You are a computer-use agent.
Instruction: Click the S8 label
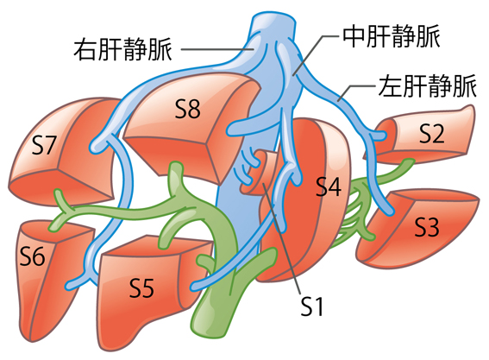pyautogui.click(x=187, y=110)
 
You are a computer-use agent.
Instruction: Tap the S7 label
pyautogui.click(x=43, y=145)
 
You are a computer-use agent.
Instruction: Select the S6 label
pyautogui.click(x=33, y=256)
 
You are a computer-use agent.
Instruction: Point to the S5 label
pyautogui.click(x=141, y=287)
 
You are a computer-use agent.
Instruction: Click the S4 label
pyautogui.click(x=329, y=186)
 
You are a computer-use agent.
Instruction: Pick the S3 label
pyautogui.click(x=427, y=227)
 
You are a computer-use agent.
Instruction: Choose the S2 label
pyautogui.click(x=431, y=134)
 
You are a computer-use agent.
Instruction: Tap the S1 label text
pyautogui.click(x=312, y=306)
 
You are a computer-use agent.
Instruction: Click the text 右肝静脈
pyautogui.click(x=122, y=49)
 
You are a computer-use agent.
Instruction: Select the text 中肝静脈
pyautogui.click(x=392, y=37)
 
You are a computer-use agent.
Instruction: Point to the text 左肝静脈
pyautogui.click(x=428, y=85)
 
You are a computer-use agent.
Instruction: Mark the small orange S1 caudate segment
pyautogui.click(x=258, y=174)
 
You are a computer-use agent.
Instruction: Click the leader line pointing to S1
pyautogui.click(x=282, y=239)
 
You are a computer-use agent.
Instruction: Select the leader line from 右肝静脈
pyautogui.click(x=217, y=49)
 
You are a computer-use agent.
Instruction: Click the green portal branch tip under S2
pyautogui.click(x=409, y=162)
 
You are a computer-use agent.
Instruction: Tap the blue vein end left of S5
pyautogui.click(x=71, y=285)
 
